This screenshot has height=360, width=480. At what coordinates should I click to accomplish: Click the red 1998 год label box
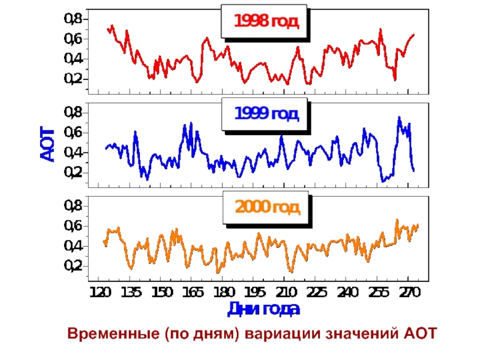[265, 22]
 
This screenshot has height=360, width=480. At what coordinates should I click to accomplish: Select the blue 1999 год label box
[265, 114]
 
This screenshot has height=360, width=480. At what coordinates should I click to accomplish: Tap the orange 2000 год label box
[266, 208]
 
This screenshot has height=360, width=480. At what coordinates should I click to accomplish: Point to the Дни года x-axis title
[263, 310]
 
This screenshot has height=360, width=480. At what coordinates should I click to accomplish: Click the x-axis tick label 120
[99, 293]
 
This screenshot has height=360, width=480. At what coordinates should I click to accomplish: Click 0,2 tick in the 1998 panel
[73, 79]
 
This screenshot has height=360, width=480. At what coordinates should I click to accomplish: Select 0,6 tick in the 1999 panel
[73, 133]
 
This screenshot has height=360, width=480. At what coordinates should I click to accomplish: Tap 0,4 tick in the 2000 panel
[73, 246]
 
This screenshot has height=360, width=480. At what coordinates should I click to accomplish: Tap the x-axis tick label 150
[161, 293]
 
